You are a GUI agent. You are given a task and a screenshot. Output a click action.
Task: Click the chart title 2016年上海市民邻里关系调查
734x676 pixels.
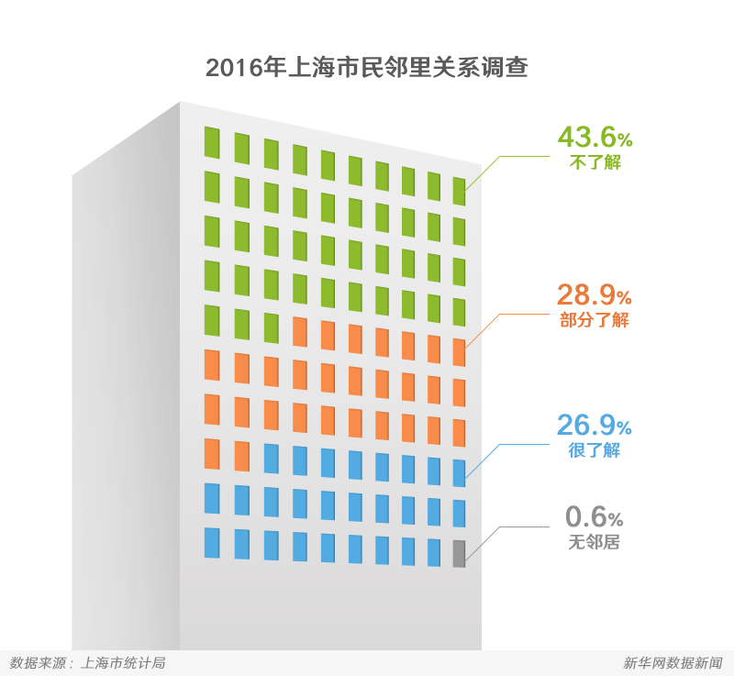tap(366, 69)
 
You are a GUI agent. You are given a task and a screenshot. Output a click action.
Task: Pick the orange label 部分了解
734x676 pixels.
tap(595, 321)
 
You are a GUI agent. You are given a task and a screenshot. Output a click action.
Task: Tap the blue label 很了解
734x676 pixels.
tap(595, 450)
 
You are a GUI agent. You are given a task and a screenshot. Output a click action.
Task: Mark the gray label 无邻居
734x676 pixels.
tap(595, 542)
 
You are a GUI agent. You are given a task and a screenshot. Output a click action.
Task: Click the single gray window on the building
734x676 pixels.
tap(459, 554)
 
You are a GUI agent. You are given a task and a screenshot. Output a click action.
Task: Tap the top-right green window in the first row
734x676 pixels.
tap(459, 190)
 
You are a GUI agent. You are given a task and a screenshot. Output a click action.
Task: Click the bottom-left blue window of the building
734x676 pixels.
tap(212, 543)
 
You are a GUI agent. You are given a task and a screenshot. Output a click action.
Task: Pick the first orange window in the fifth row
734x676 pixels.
tap(299, 331)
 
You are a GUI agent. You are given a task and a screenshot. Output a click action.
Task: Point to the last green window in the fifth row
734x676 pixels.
tap(271, 327)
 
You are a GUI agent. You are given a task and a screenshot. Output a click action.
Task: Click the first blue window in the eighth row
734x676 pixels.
tap(271, 458)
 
